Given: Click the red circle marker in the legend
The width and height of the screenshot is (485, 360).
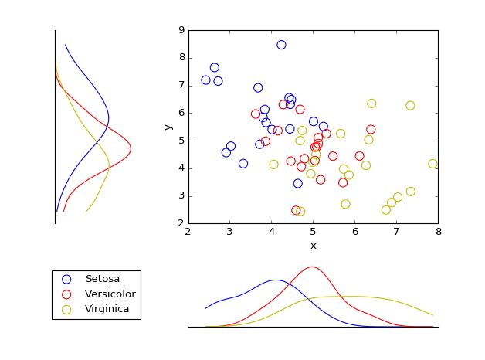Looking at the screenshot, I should [x=66, y=294].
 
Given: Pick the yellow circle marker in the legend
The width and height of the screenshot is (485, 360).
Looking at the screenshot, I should [x=66, y=310].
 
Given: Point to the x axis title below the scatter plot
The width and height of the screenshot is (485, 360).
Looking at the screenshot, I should [x=313, y=246].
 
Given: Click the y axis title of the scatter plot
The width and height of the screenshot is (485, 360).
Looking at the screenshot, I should [x=168, y=127].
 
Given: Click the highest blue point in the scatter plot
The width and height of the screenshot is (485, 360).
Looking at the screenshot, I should [x=281, y=45].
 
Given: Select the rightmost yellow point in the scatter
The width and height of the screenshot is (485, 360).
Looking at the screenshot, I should [x=433, y=164].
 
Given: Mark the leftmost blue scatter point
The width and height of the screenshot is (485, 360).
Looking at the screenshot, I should [x=205, y=80].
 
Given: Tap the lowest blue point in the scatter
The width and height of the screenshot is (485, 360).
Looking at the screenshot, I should [x=298, y=183].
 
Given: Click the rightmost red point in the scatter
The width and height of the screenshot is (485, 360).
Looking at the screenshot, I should [x=371, y=130].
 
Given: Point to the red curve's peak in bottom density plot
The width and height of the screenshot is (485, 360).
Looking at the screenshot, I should [x=312, y=267].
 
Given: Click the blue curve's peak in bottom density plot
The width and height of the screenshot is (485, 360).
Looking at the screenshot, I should [x=276, y=280].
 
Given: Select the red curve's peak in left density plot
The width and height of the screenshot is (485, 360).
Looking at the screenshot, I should [x=131, y=148].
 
